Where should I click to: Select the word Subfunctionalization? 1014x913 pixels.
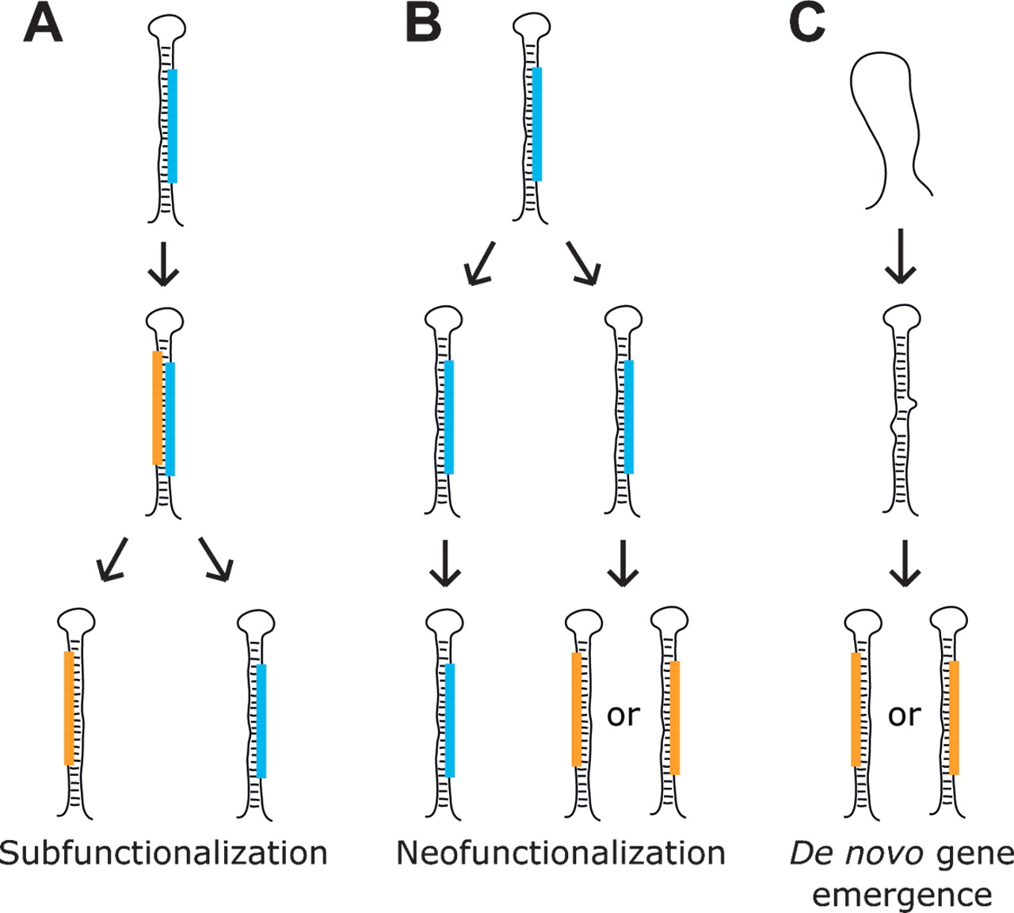(164, 854)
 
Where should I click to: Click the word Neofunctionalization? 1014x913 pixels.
(561, 854)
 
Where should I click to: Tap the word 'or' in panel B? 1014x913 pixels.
(623, 715)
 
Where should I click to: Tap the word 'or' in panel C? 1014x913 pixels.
(904, 715)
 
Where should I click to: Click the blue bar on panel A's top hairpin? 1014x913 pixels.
(173, 126)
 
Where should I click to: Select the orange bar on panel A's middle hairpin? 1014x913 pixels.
(158, 407)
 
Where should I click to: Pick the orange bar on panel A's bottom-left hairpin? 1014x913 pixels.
(70, 709)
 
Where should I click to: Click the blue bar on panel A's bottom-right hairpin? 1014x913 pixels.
(261, 720)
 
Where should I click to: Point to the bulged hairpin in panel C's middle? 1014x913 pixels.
(902, 412)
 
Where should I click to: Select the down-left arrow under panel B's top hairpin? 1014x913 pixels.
(480, 263)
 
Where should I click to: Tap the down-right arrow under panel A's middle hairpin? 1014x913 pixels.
(216, 559)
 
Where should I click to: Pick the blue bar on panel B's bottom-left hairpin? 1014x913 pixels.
(450, 720)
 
